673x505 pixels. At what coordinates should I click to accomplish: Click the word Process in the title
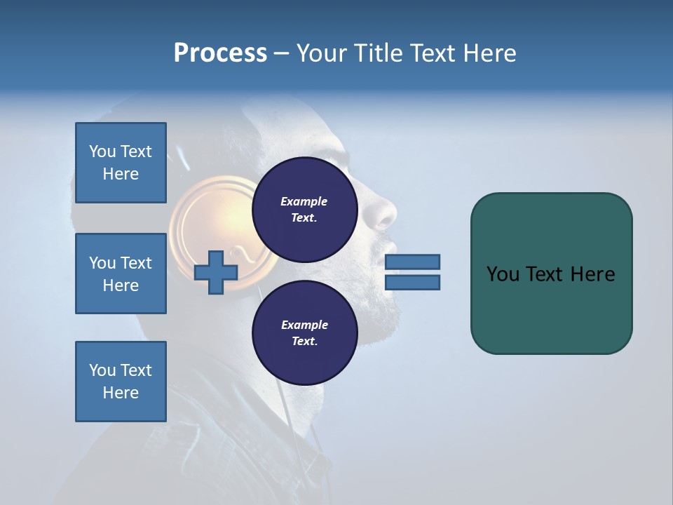[x=220, y=53]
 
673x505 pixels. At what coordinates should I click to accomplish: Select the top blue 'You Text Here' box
[x=121, y=163]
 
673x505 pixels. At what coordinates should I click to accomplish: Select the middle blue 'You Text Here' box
[x=121, y=274]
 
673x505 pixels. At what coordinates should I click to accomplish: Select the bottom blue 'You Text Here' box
[x=121, y=382]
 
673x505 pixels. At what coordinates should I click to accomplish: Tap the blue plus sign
[x=215, y=272]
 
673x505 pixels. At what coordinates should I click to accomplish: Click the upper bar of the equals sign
[x=413, y=262]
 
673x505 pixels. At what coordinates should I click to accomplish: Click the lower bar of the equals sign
[x=413, y=283]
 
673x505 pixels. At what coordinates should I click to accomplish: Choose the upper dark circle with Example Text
[x=305, y=210]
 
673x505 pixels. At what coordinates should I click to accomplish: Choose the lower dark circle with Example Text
[x=305, y=333]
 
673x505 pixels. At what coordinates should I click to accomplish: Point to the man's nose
[x=386, y=214]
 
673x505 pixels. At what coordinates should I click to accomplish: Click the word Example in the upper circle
[x=304, y=201]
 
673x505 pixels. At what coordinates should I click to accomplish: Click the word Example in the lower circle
[x=304, y=325]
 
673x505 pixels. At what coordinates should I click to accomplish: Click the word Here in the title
[x=489, y=53]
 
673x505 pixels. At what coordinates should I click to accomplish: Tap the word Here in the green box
[x=592, y=274]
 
